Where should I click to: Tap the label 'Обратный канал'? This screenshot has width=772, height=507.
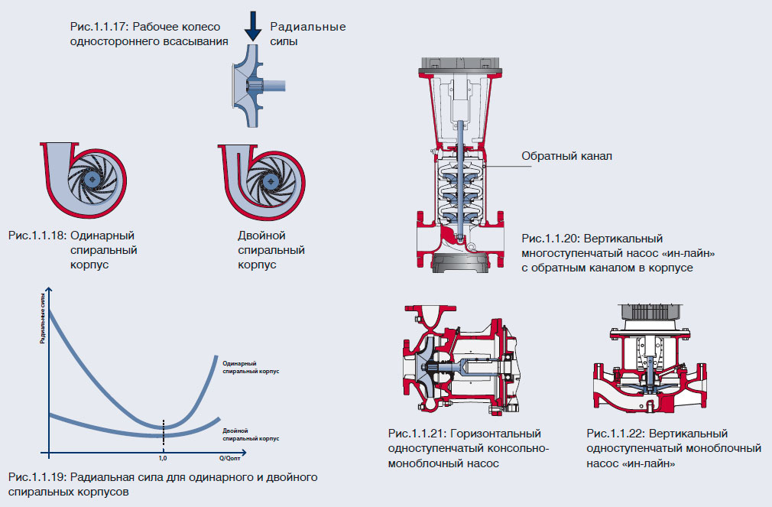[x=567, y=156]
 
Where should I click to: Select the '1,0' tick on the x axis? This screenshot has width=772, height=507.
[x=163, y=459]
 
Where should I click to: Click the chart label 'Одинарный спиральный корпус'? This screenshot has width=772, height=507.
[x=251, y=366]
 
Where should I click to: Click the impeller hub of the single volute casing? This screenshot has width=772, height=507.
[x=92, y=179]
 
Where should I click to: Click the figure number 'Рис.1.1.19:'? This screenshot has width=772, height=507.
[x=37, y=478]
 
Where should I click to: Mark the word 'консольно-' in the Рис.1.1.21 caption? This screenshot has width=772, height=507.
[x=521, y=449]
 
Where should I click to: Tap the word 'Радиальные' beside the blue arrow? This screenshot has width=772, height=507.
[x=308, y=27]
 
